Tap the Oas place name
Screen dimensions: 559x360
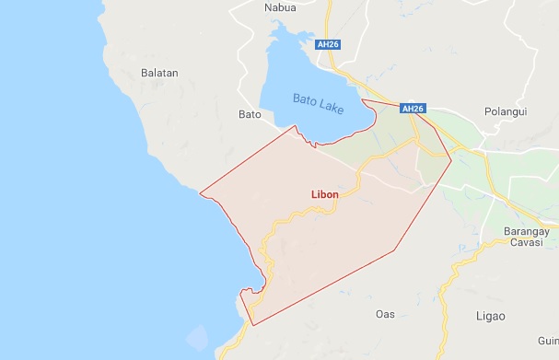tap(385, 314)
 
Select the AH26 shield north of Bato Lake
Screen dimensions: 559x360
tap(326, 44)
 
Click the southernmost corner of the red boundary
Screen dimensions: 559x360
tap(253, 325)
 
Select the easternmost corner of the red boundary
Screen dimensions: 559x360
tap(451, 161)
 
